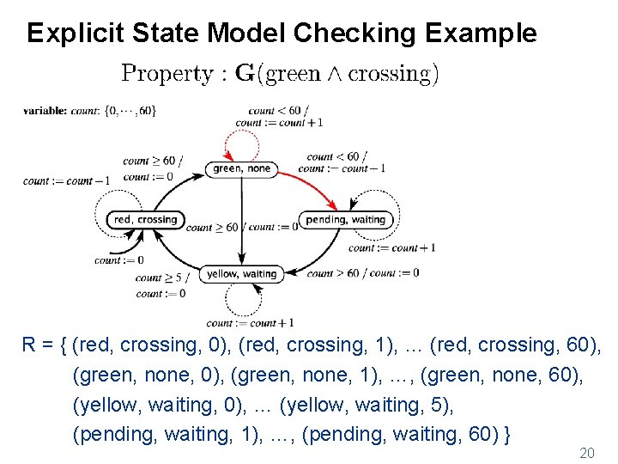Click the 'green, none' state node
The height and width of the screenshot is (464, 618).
click(x=241, y=169)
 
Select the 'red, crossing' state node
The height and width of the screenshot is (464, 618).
click(x=145, y=220)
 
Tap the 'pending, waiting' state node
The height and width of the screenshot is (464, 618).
click(x=345, y=220)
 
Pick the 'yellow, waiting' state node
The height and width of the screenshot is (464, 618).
click(x=241, y=274)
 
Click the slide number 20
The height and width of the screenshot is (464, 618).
click(x=587, y=452)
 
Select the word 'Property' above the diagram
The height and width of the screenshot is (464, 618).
click(x=168, y=74)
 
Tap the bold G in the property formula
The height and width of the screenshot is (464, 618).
click(x=245, y=74)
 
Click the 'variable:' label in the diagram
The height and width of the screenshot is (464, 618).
click(x=45, y=110)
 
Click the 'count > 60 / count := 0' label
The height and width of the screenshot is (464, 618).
click(x=362, y=273)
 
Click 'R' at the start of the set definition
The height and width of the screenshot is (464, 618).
click(x=29, y=345)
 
